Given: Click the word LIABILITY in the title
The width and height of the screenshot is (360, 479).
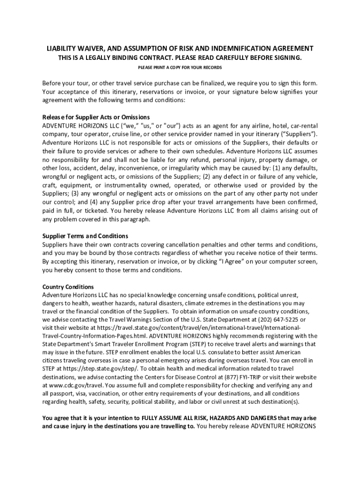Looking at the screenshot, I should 61,49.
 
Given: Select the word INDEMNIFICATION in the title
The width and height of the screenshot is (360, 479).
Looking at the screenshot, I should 243,49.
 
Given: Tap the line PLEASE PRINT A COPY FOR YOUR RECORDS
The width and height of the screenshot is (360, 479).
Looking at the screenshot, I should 180,67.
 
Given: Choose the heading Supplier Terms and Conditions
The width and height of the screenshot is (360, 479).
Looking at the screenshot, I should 85,236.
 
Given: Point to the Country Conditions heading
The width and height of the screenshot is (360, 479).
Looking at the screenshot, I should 68,287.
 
